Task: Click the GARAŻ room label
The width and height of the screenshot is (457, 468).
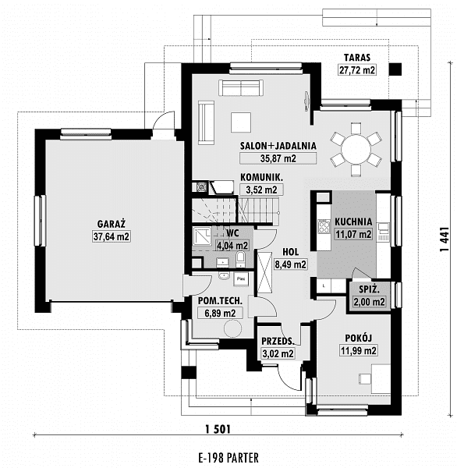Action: [111, 224]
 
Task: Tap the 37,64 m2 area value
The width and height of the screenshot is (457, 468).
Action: [111, 236]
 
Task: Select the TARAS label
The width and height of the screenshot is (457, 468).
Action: [357, 57]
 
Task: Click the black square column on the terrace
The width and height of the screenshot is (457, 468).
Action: [395, 69]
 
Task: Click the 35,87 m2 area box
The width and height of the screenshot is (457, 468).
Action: [278, 158]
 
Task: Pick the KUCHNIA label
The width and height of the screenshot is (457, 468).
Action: [353, 222]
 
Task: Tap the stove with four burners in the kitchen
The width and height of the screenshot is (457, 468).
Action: [324, 226]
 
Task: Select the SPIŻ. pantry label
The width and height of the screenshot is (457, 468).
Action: [369, 289]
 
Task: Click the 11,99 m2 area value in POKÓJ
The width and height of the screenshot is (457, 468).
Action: [359, 350]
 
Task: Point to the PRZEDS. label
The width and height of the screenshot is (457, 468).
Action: [278, 341]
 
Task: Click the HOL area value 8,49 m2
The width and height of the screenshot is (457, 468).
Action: [290, 264]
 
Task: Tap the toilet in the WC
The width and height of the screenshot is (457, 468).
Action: [240, 259]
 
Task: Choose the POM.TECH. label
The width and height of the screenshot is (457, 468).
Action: [220, 301]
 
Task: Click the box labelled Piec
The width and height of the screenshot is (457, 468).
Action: [241, 279]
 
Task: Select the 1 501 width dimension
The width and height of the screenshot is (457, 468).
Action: [218, 430]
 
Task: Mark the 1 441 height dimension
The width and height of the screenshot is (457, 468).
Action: [445, 239]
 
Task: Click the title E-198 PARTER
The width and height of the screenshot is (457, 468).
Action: [228, 458]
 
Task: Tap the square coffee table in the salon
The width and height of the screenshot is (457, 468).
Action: [241, 122]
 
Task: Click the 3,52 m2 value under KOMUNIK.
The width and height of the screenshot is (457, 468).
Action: [261, 190]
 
